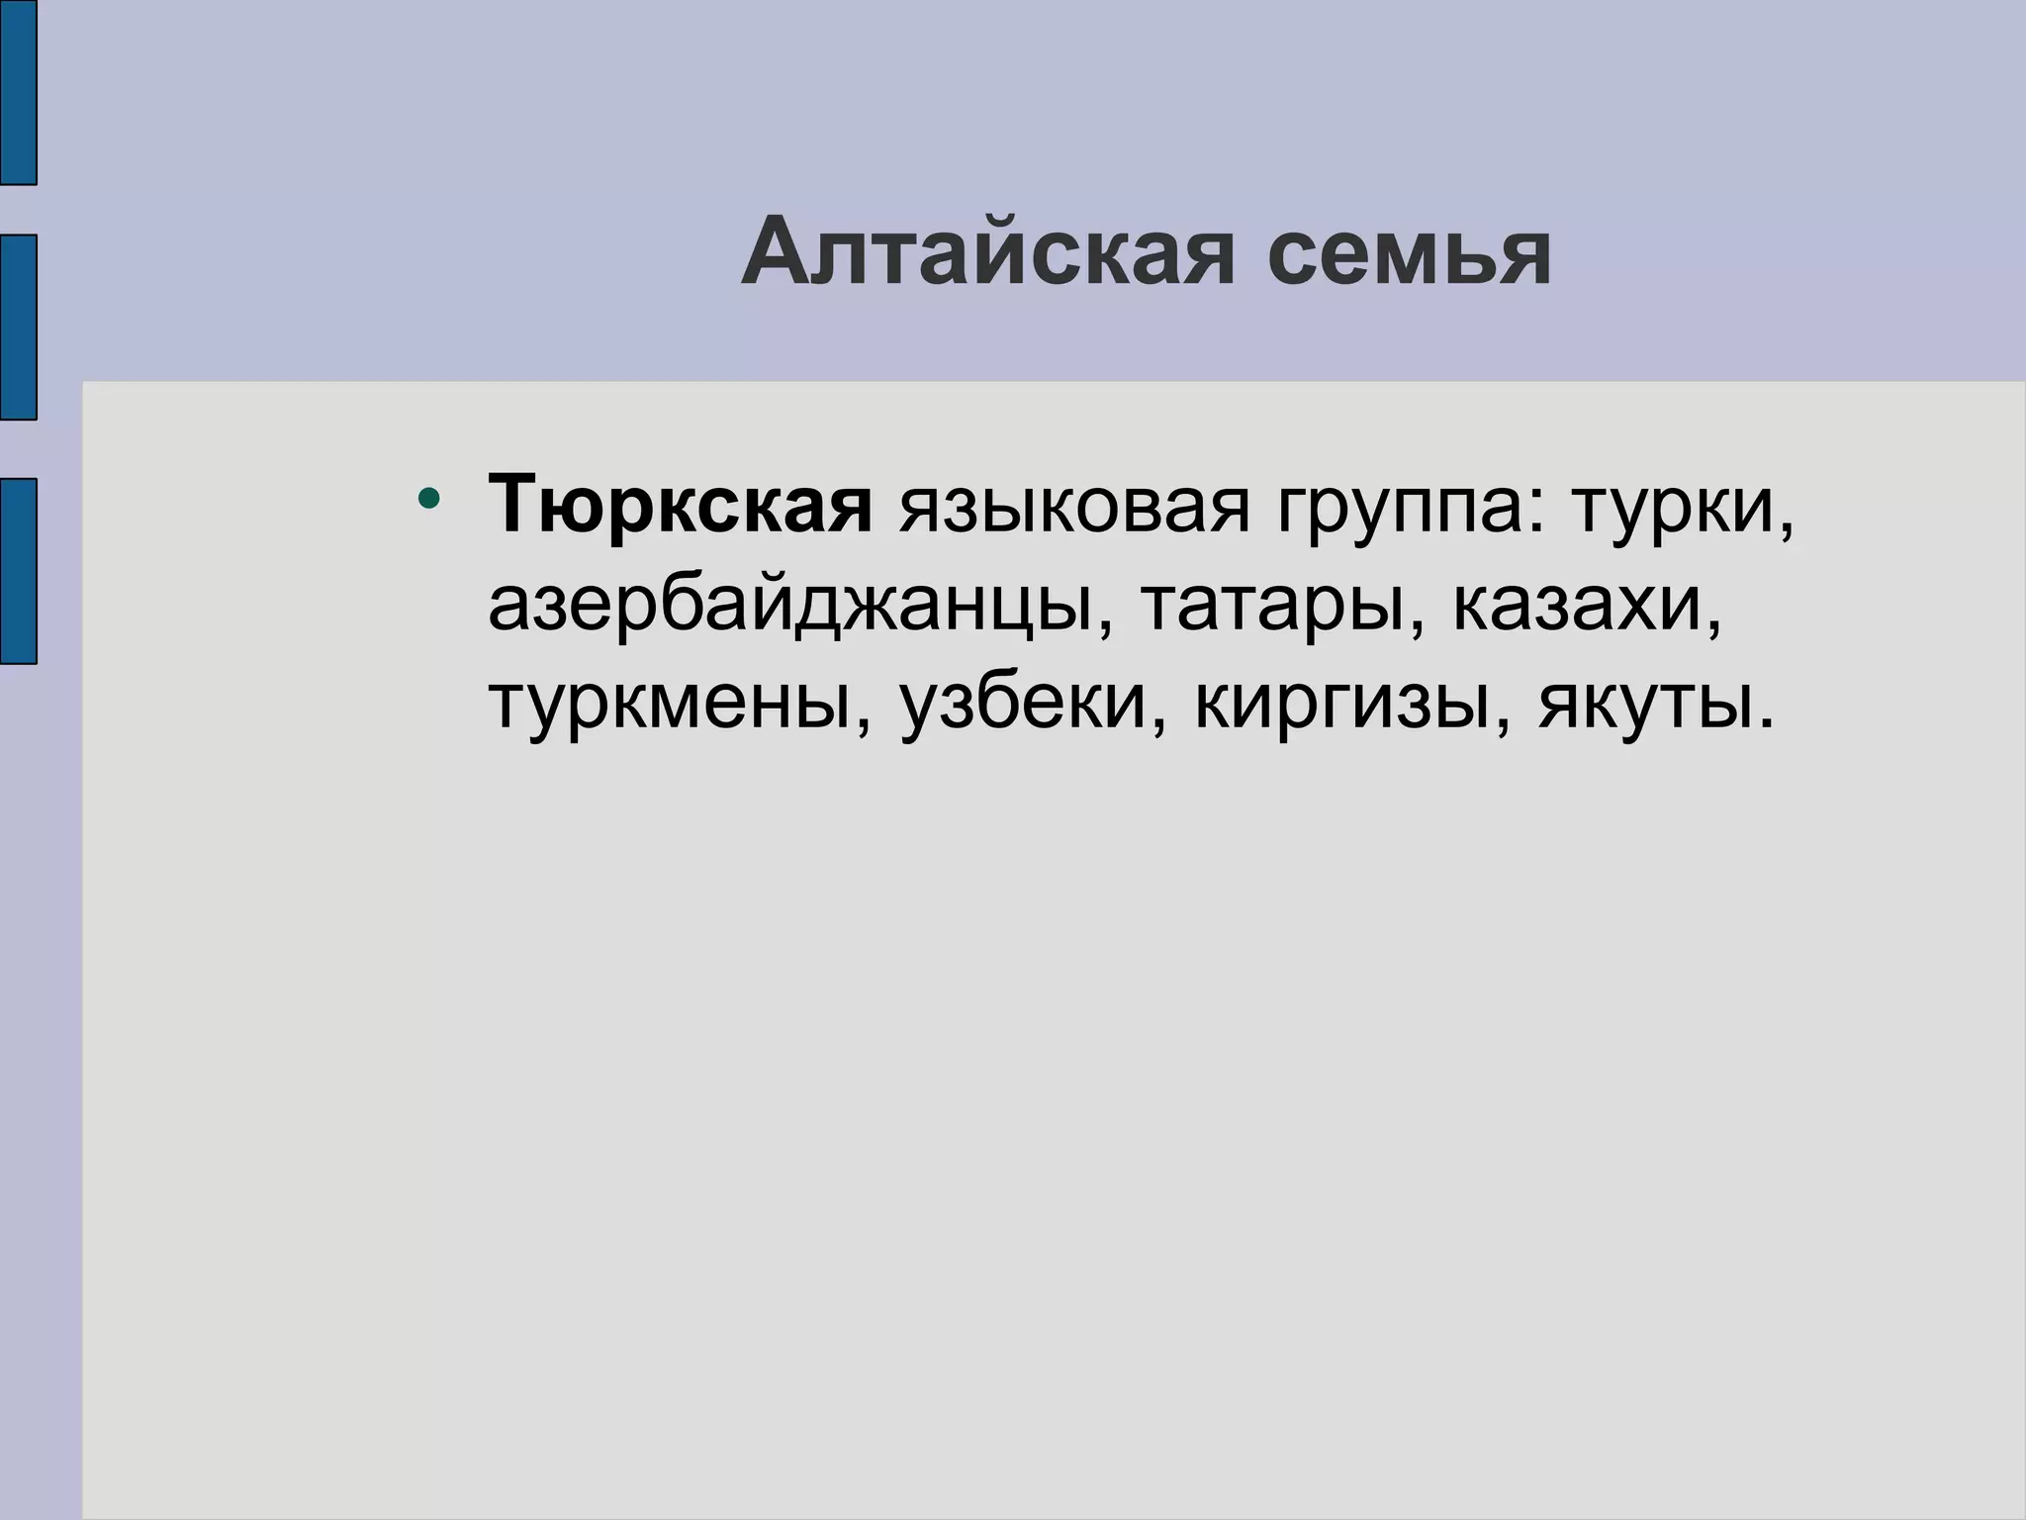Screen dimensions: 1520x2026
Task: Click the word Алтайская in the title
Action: click(987, 254)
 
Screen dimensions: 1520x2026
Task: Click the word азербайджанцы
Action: click(794, 607)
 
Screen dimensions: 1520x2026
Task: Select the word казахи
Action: click(1578, 605)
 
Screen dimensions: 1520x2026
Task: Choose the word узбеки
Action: click(1023, 704)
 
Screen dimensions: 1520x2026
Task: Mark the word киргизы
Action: click(1341, 704)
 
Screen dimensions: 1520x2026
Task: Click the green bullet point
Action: click(428, 497)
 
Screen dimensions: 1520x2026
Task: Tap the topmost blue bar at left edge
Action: click(18, 92)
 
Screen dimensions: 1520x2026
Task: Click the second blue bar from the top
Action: click(18, 327)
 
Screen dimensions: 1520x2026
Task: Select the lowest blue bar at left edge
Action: click(18, 570)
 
